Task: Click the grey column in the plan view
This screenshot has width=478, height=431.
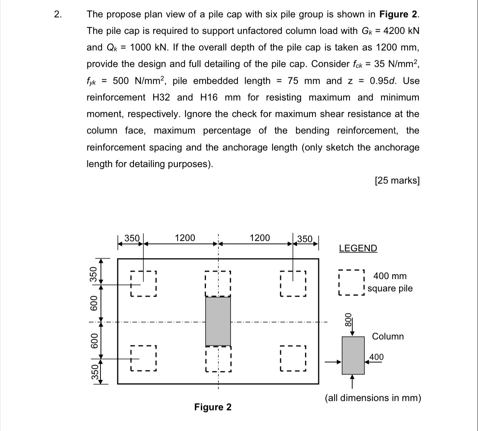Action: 218,321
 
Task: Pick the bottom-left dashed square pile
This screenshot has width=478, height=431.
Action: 143,358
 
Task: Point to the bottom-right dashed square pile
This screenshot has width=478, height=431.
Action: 293,358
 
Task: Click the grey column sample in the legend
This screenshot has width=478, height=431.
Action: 353,355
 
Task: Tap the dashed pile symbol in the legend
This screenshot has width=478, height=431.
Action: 351,282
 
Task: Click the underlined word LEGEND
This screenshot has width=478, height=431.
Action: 358,248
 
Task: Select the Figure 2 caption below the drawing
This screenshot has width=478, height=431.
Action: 213,407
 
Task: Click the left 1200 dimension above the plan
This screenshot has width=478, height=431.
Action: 185,238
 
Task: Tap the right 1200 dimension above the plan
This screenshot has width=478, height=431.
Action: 260,238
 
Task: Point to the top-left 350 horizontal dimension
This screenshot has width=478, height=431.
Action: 132,238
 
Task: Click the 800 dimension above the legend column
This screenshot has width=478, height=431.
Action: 348,319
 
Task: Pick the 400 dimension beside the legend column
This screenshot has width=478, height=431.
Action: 376,357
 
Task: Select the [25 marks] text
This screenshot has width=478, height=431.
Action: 397,180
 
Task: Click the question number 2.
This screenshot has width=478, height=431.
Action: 57,15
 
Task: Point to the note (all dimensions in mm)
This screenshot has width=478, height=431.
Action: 373,398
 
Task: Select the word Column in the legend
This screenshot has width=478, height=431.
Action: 388,336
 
